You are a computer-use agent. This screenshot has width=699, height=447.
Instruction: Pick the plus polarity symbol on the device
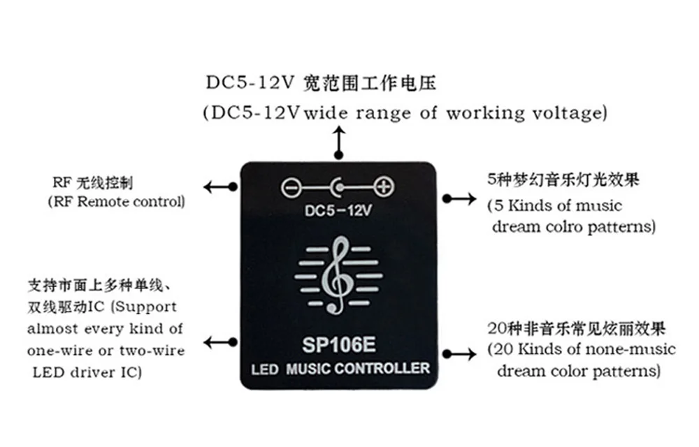click(384, 187)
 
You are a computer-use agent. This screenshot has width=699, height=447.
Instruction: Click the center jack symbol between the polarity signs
click(338, 187)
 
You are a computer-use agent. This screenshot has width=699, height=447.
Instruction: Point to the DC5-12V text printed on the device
click(338, 210)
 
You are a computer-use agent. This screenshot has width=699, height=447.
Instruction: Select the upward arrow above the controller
click(340, 143)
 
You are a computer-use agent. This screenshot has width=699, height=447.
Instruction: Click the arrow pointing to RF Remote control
click(219, 186)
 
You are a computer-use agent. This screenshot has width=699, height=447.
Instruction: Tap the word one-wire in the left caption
click(55, 350)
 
